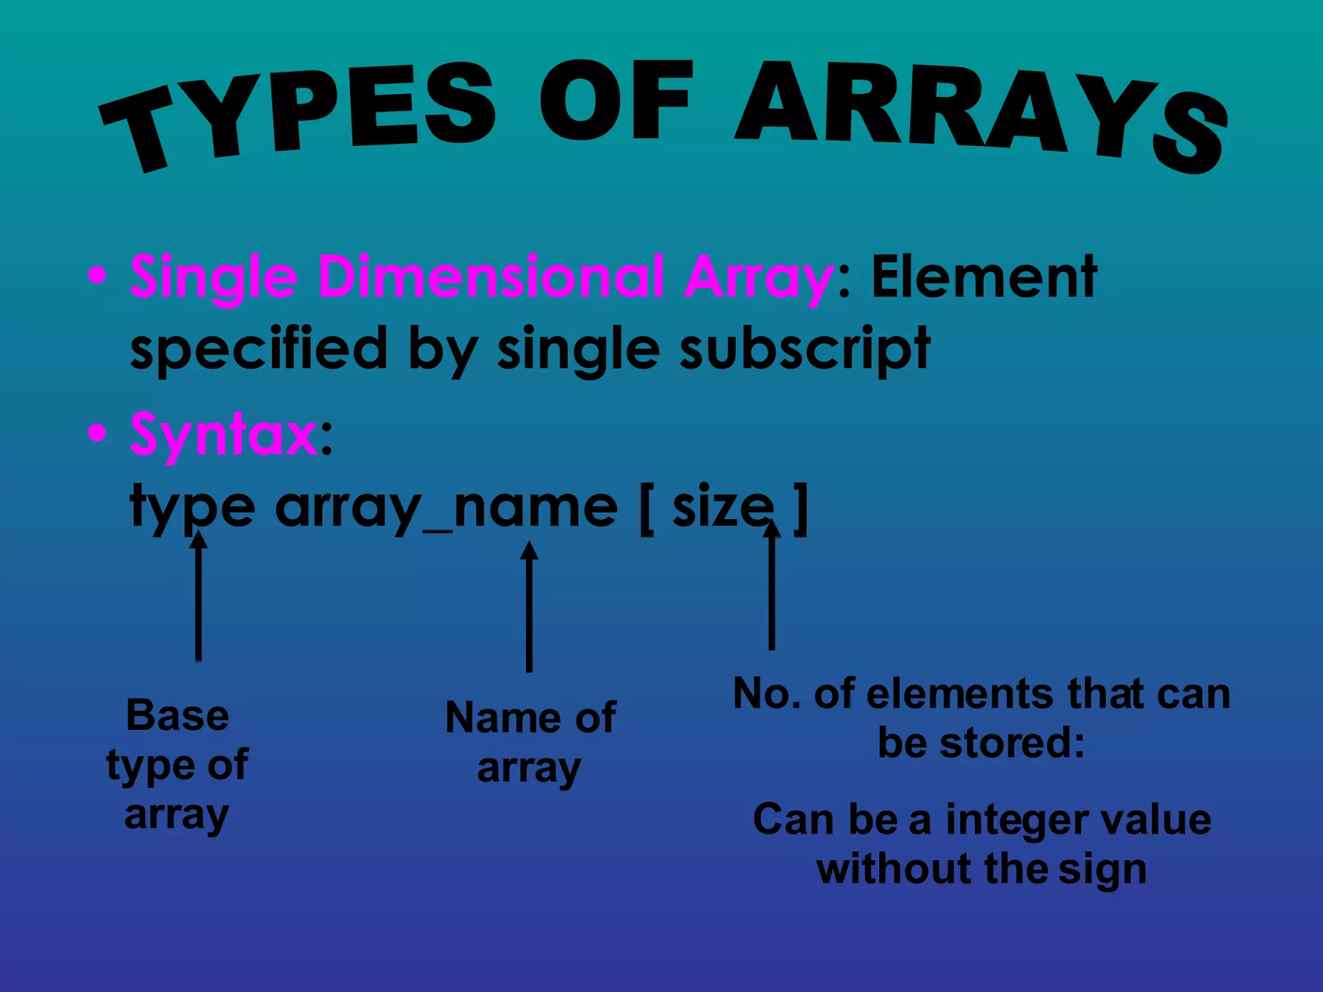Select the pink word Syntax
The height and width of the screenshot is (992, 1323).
coord(224,434)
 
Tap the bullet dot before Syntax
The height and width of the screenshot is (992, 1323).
coord(97,433)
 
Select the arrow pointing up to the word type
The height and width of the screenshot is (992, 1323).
coord(198,594)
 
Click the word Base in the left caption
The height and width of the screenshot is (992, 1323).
coord(178,716)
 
